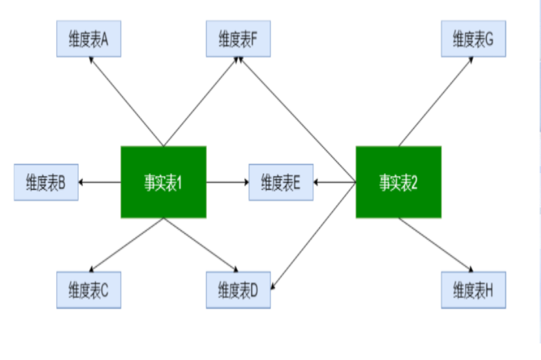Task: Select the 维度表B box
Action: coord(46,183)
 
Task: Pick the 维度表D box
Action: coord(238,290)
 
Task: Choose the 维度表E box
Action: coord(280,183)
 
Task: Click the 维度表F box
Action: coord(238,40)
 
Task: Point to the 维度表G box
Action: coord(473,40)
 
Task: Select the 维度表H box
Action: coord(473,290)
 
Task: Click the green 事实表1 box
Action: coord(163,183)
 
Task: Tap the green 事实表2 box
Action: coord(398,183)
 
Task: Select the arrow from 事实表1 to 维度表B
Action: coord(100,183)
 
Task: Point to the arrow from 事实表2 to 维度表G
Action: coord(436,101)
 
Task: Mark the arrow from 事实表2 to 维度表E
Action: coord(334,183)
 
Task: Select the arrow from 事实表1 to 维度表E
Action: coord(227,183)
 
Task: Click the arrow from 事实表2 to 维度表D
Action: coord(314,234)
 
